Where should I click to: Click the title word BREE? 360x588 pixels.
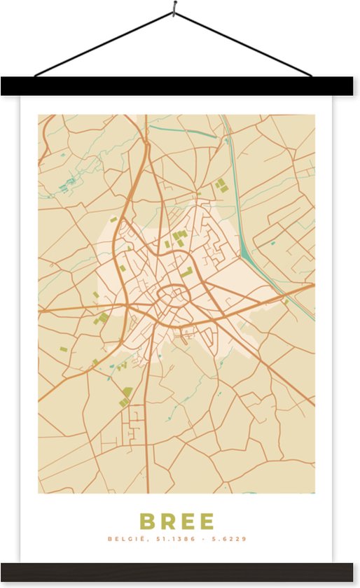pyautogui.click(x=177, y=521)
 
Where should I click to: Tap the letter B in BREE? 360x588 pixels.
pyautogui.click(x=148, y=521)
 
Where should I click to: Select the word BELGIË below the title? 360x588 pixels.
pyautogui.click(x=123, y=539)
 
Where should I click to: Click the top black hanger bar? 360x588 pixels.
pyautogui.click(x=180, y=86)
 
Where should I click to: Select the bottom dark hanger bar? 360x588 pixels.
pyautogui.click(x=180, y=572)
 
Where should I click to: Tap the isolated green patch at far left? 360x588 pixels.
pyautogui.click(x=63, y=349)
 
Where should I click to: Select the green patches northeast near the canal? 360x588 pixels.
pyautogui.click(x=221, y=185)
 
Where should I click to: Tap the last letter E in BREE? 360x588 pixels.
pyautogui.click(x=207, y=521)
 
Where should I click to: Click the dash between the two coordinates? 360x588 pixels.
pyautogui.click(x=205, y=539)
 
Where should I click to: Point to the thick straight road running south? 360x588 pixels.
pyautogui.click(x=147, y=434)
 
